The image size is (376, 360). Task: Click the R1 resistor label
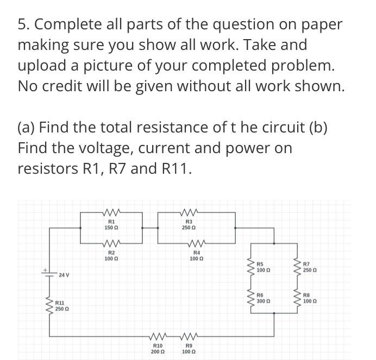[111, 222]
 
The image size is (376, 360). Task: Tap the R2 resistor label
[111, 253]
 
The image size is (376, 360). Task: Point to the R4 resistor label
[196, 253]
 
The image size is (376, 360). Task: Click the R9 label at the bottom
[189, 345]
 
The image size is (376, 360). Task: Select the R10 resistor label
[158, 345]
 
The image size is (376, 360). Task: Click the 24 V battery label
[65, 276]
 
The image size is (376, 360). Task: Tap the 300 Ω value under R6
[263, 300]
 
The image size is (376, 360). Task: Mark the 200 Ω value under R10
[158, 351]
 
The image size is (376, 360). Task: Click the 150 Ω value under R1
[111, 228]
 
